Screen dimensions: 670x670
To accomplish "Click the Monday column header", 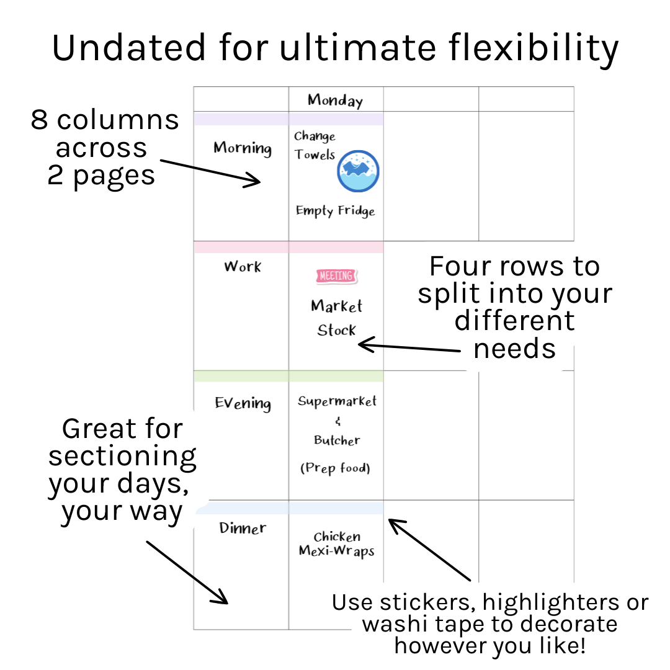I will [x=335, y=100].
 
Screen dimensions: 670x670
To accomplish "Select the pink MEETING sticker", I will [x=336, y=276].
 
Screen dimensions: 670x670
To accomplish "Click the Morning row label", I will [x=243, y=148].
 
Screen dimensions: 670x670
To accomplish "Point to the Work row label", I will [x=243, y=267].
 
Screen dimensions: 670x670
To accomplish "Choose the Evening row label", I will [x=243, y=403].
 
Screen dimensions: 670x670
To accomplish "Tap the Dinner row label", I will [x=243, y=529].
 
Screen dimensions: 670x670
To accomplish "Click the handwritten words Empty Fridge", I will [x=335, y=211].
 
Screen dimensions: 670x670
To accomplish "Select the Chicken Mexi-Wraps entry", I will [x=336, y=544].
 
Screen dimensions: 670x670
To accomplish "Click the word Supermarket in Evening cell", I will [x=337, y=401].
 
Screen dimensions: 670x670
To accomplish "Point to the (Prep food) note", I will [x=335, y=468].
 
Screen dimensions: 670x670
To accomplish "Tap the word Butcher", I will [x=336, y=440].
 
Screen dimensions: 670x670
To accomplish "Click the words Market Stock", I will [x=336, y=318].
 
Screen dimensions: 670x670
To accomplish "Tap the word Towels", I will [x=315, y=154].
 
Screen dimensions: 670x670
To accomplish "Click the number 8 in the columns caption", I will [x=39, y=120].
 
